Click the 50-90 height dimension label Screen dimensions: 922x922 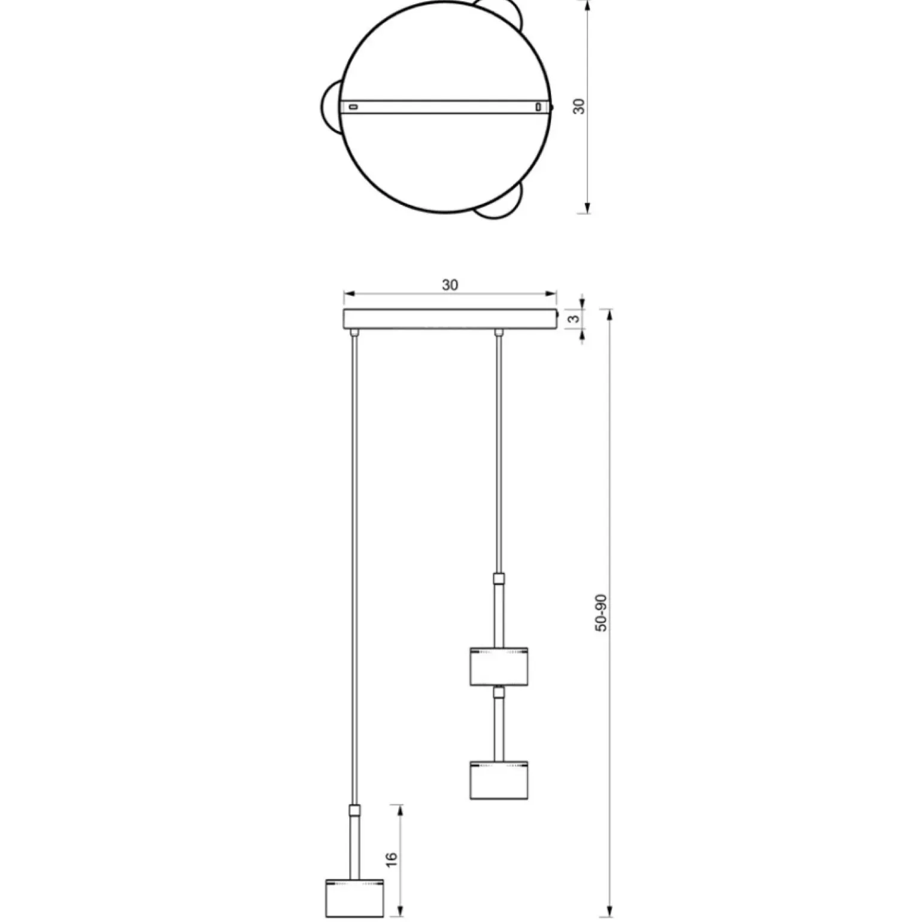tap(602, 612)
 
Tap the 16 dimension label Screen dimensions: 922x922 tap(392, 857)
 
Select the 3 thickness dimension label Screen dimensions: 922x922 tap(574, 319)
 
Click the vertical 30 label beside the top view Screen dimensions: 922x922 tap(579, 107)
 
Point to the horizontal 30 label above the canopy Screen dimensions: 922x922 tap(450, 285)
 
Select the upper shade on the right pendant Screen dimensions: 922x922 tap(499, 666)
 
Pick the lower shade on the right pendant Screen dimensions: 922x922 tap(499, 780)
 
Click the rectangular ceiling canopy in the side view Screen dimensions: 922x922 tap(450, 319)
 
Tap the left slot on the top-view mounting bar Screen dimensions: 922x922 tap(353, 107)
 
